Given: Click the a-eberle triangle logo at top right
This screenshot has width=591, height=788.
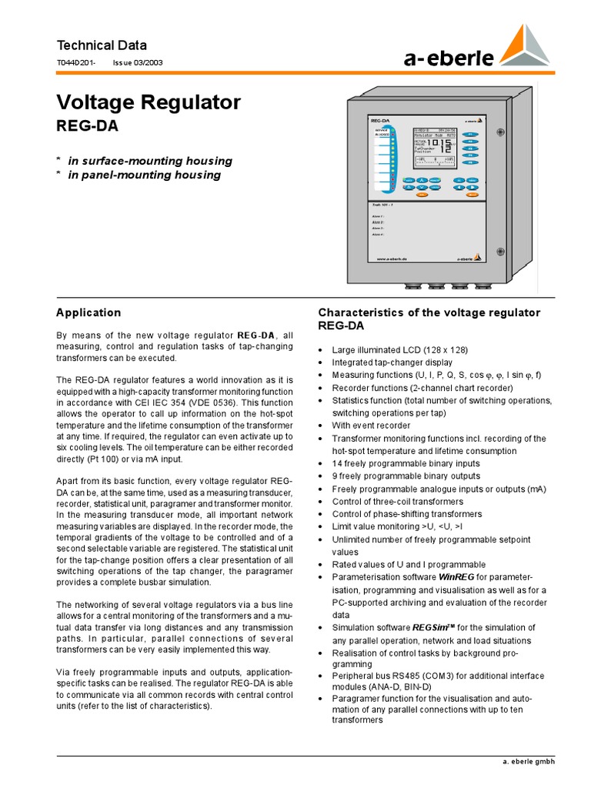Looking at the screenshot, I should tap(526, 45).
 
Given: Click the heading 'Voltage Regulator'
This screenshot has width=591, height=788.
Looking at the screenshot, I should tap(149, 102).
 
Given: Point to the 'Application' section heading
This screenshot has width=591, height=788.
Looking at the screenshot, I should tap(88, 312).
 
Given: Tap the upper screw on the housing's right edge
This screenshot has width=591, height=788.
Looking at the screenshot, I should tap(500, 132).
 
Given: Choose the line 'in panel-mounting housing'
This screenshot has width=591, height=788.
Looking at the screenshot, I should tap(144, 175).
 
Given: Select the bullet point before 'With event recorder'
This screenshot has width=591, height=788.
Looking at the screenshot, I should tap(321, 426).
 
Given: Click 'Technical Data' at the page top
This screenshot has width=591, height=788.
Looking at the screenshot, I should tap(102, 45).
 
